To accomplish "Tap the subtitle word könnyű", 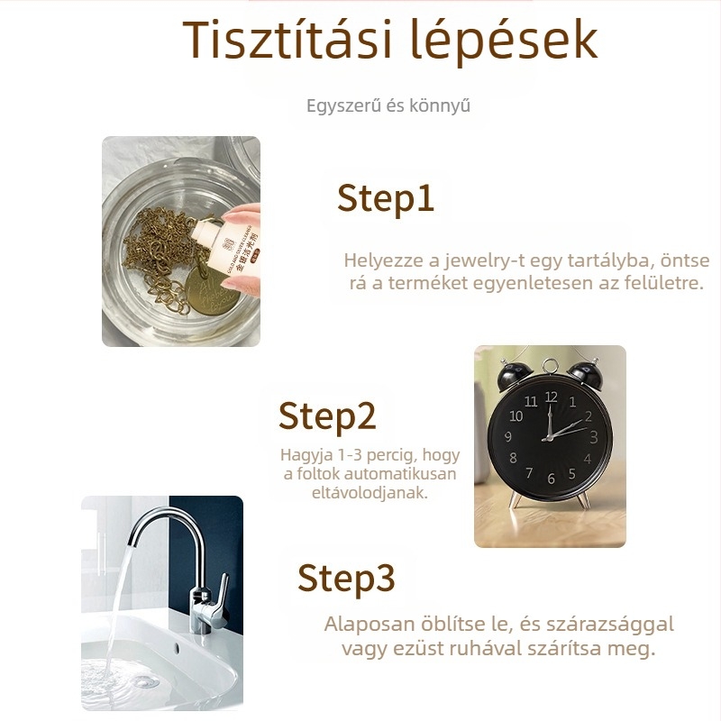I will coord(441,106).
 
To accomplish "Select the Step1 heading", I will coord(386,198).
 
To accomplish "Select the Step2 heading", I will coord(326,415).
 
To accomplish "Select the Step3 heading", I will coord(346,578).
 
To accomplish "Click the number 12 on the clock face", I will coord(551,397).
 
